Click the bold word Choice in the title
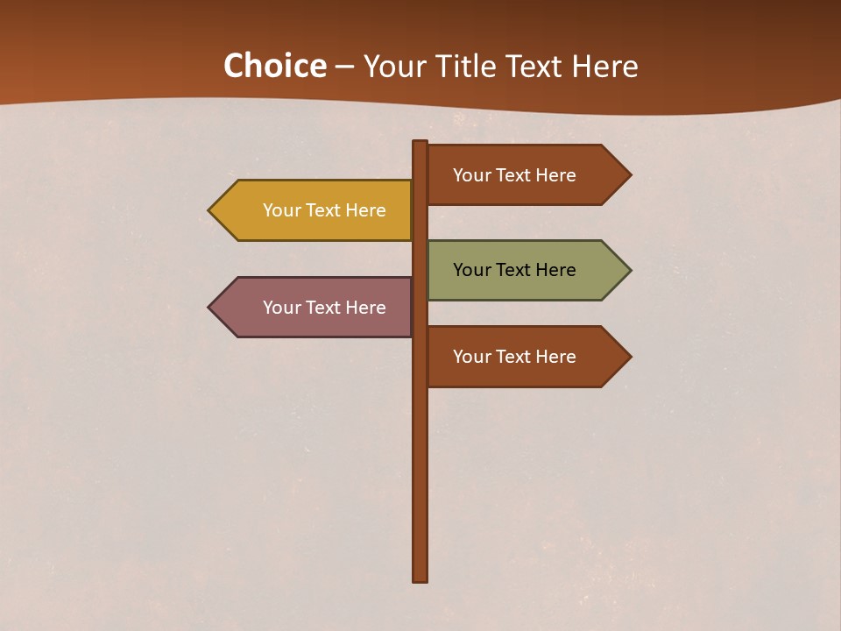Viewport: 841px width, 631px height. pos(274,67)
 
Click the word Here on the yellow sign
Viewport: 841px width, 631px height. pos(365,210)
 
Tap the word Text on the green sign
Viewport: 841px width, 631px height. pos(514,270)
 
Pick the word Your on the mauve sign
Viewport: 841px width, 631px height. pos(281,308)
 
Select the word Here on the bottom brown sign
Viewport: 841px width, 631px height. pos(555,357)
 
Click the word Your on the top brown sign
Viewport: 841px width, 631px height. pos(471,175)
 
